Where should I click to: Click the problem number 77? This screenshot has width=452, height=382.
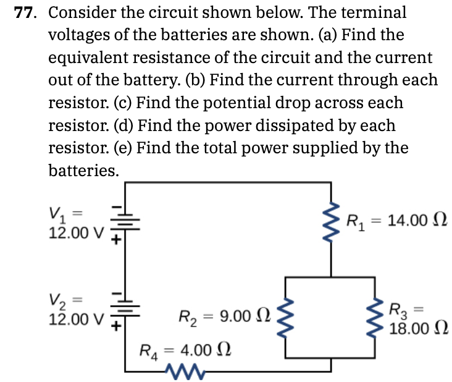point(25,12)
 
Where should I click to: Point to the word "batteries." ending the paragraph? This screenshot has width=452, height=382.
point(83,171)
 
